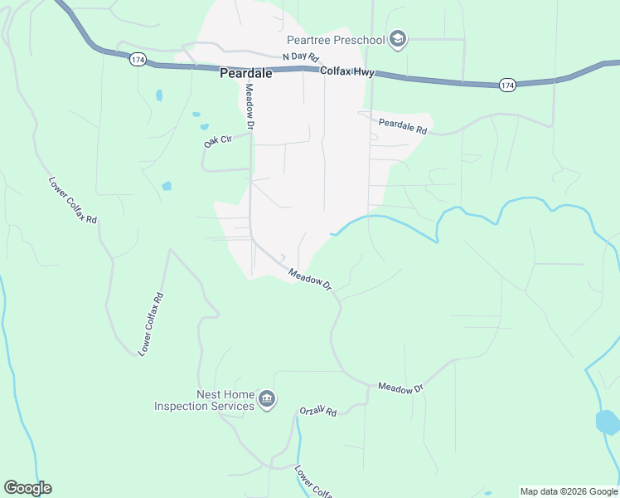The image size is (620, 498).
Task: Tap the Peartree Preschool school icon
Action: pyautogui.click(x=399, y=40)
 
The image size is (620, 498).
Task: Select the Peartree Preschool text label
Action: pyautogui.click(x=336, y=40)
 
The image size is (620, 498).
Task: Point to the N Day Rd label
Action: pyautogui.click(x=300, y=57)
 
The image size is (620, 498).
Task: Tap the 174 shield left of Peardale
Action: pyautogui.click(x=138, y=60)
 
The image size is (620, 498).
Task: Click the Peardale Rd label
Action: pyautogui.click(x=402, y=127)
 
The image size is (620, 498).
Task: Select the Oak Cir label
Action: pyautogui.click(x=216, y=141)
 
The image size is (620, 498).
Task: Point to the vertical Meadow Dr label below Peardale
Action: pyautogui.click(x=248, y=105)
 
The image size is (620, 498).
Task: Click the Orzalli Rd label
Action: pyautogui.click(x=318, y=412)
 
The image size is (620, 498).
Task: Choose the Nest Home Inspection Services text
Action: pyautogui.click(x=204, y=400)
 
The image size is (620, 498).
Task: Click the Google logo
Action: pyautogui.click(x=27, y=488)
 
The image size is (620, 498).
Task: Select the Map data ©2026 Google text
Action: pyautogui.click(x=569, y=491)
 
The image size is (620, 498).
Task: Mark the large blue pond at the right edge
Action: pyautogui.click(x=608, y=422)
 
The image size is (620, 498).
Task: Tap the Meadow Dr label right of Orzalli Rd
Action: pyautogui.click(x=400, y=388)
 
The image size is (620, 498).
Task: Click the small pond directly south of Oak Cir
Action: pyautogui.click(x=167, y=186)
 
